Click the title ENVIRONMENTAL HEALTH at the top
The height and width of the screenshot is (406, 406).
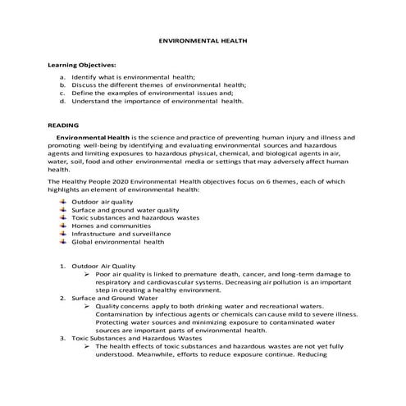pyautogui.click(x=202, y=39)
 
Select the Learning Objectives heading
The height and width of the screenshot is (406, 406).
pyautogui.click(x=82, y=63)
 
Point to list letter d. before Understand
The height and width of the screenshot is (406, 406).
pyautogui.click(x=62, y=102)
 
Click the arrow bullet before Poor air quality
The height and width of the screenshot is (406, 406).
pyautogui.click(x=88, y=274)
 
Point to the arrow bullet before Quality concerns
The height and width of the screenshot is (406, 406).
pyautogui.click(x=88, y=306)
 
